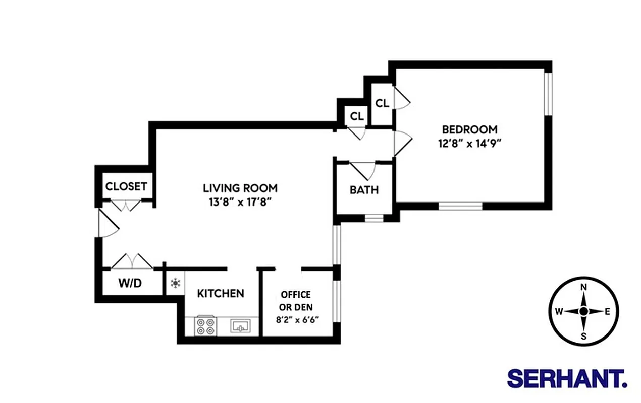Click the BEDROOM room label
coord(469,129)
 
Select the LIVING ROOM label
coord(240,188)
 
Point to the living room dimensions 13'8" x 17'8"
coord(240,202)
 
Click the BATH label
coord(364,190)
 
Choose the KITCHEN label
coord(221,293)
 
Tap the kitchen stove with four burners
coord(205,326)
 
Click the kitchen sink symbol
coord(241,326)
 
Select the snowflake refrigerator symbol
coord(175,284)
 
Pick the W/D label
coord(130,283)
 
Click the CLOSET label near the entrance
coord(126,186)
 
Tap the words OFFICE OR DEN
coord(296,300)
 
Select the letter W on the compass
coord(559,311)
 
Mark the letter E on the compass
coord(607,311)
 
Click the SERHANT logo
coord(567,378)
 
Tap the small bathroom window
coord(374,218)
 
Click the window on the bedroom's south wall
coord(460,206)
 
